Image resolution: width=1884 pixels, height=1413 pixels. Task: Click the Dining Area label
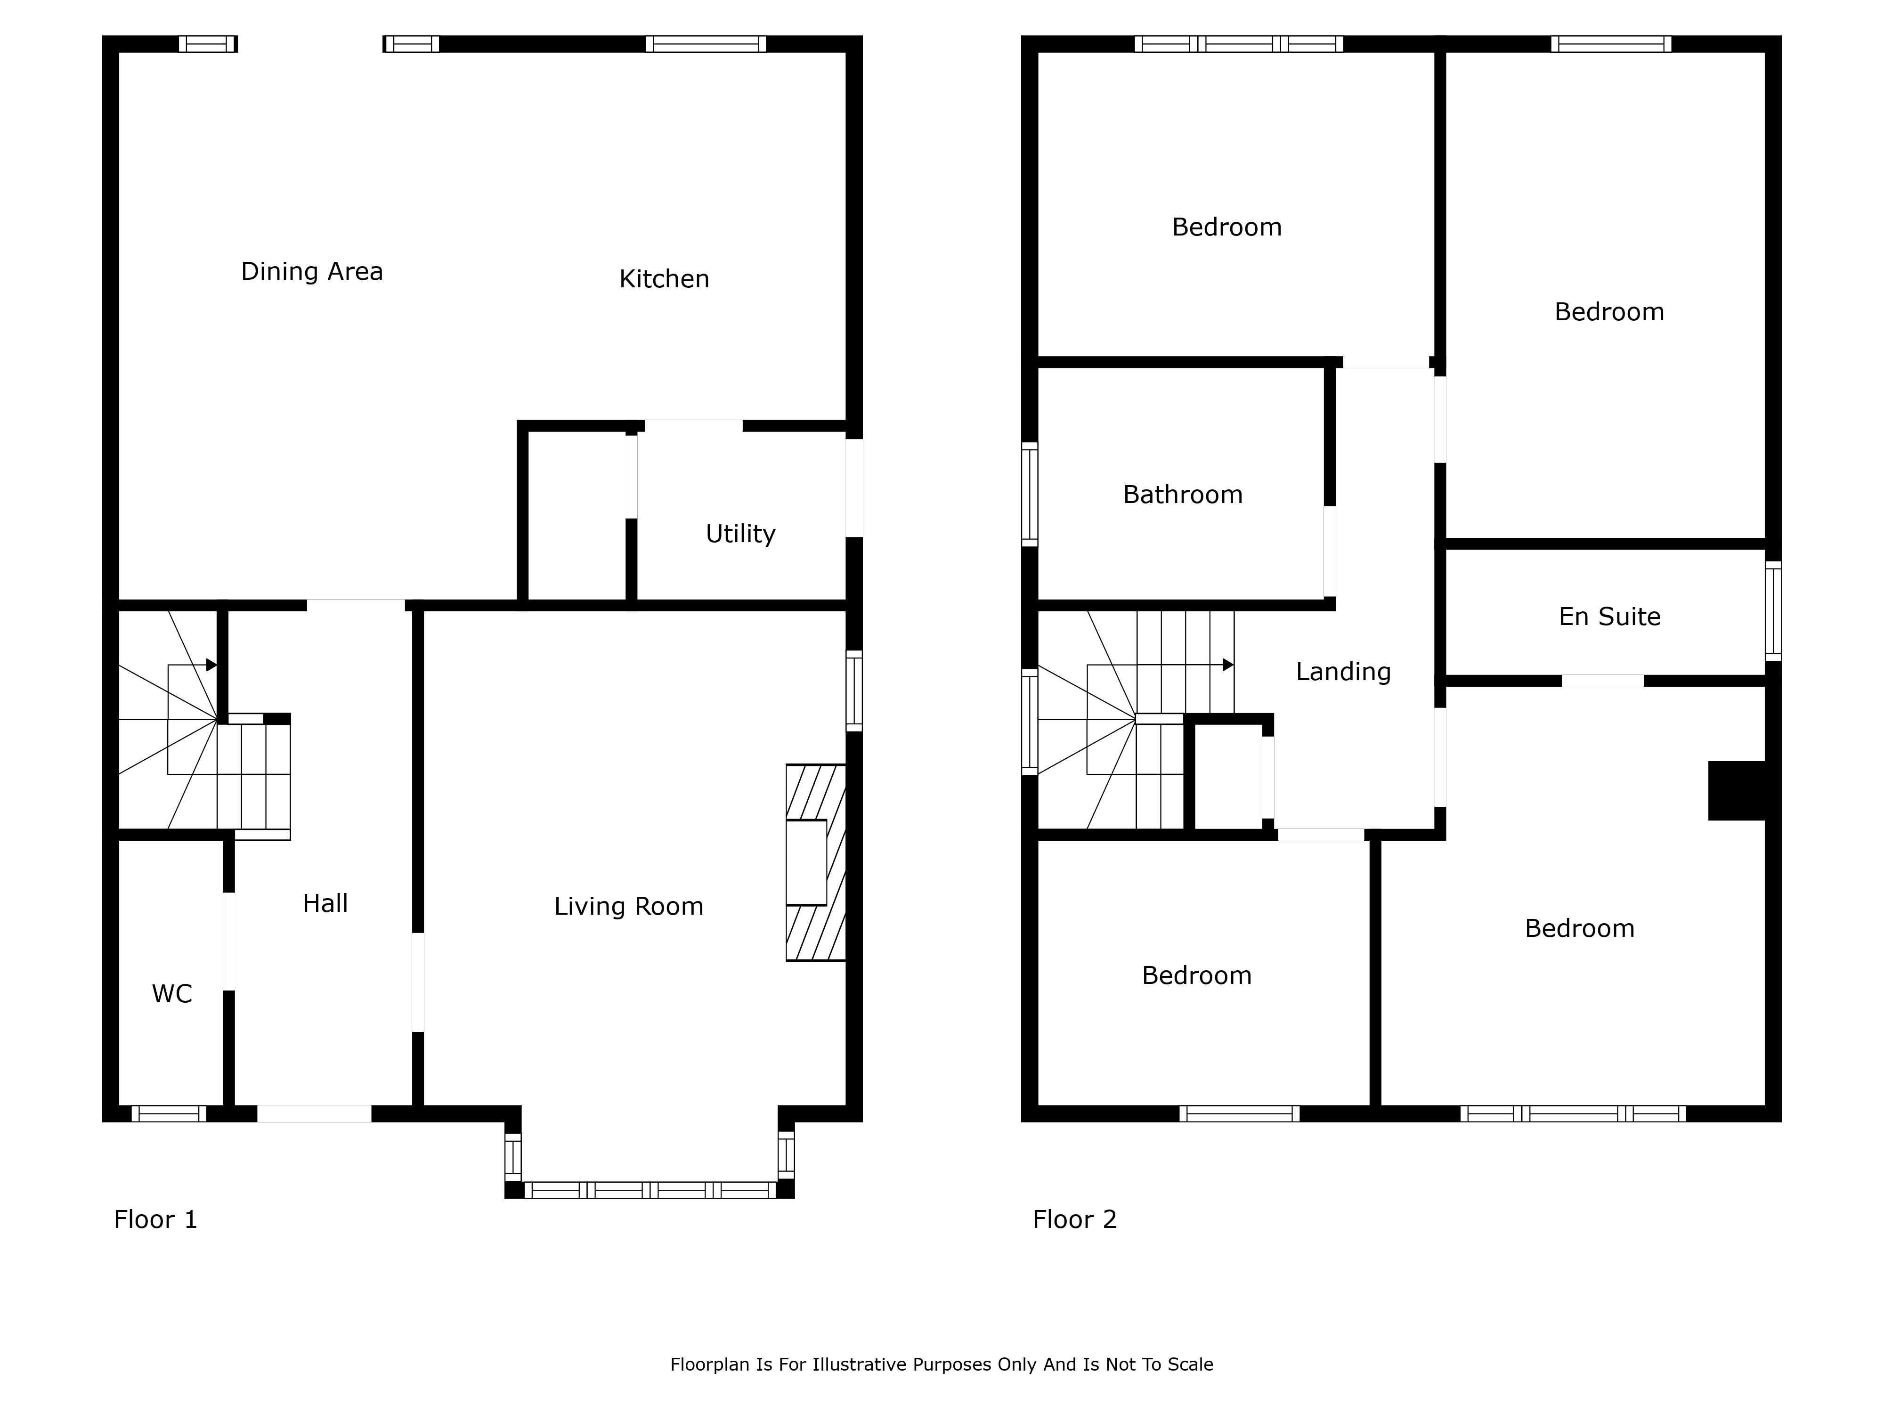click(x=312, y=272)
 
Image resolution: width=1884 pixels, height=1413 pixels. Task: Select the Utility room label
click(x=740, y=534)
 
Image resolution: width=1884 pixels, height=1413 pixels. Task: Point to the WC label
click(x=172, y=994)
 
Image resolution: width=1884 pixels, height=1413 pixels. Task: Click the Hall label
click(x=325, y=904)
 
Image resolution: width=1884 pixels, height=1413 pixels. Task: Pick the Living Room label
click(x=629, y=906)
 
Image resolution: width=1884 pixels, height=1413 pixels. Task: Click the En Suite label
click(x=1609, y=617)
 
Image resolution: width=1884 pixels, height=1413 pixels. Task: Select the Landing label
click(x=1343, y=672)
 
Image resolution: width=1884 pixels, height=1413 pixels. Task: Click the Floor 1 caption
click(x=156, y=1220)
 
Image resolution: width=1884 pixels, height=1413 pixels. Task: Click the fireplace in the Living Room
click(x=816, y=863)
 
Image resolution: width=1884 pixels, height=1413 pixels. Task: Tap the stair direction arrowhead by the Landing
click(x=1228, y=664)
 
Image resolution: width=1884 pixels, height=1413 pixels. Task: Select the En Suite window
click(x=1773, y=611)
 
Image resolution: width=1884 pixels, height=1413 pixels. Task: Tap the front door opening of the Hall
click(x=314, y=1113)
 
